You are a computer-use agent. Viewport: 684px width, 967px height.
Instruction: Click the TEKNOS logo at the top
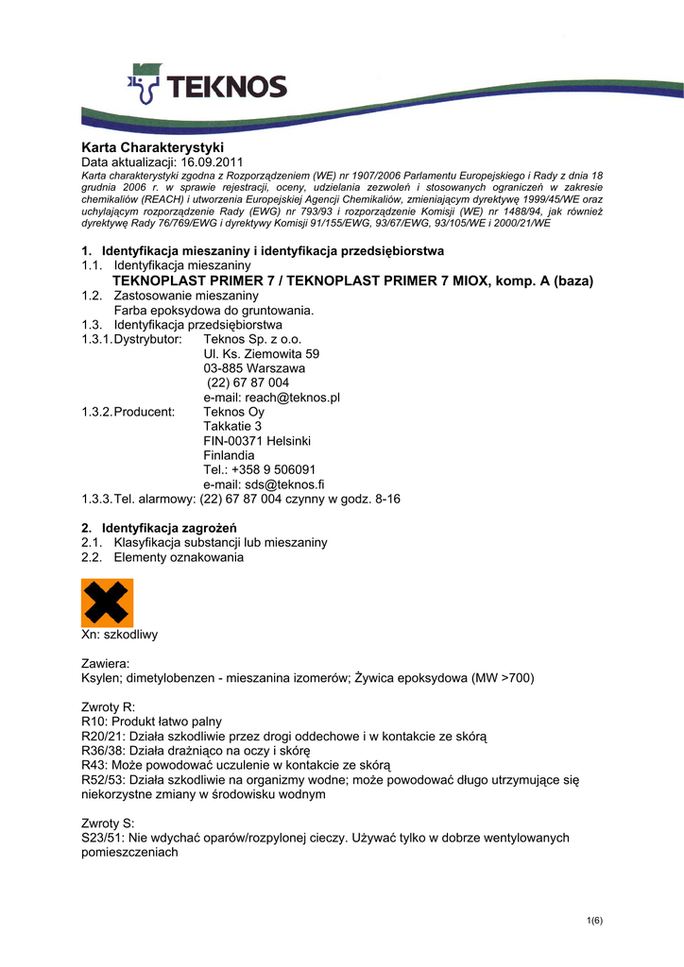coord(207,87)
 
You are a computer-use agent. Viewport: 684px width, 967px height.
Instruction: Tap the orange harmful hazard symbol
coord(108,602)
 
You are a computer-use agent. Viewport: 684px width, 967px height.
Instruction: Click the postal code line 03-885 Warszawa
coord(254,368)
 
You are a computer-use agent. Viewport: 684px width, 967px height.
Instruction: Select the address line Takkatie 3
coord(232,426)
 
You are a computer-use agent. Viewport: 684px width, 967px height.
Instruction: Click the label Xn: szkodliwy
coord(120,636)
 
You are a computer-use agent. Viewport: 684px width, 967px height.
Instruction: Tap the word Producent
coord(145,412)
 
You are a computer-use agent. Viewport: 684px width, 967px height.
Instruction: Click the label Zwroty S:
coord(109,823)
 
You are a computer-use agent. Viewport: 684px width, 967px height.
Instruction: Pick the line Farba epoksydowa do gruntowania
coord(214,310)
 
